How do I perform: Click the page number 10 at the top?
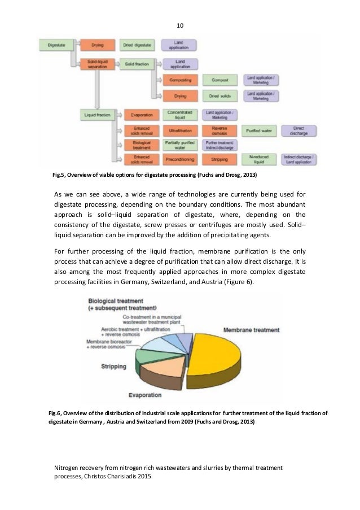[x=180, y=25]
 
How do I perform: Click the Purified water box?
[x=261, y=130]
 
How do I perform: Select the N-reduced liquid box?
[x=261, y=160]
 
